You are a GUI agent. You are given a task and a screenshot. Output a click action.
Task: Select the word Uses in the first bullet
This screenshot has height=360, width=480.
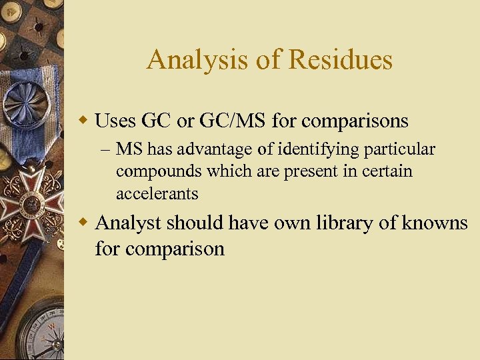point(116,121)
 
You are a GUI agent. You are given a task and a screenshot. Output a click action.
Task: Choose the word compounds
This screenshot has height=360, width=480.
point(157,171)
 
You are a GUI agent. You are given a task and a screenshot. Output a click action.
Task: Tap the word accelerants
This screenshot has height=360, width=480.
point(157,193)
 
